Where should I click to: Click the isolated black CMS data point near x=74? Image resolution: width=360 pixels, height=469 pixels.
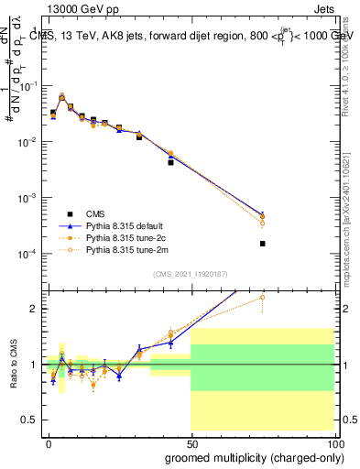[x=263, y=244]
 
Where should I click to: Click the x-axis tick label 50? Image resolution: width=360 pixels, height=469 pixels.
[x=191, y=442]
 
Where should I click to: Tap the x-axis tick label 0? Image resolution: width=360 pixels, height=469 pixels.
[x=49, y=442]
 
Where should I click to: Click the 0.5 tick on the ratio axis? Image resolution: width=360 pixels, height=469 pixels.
[x=31, y=420]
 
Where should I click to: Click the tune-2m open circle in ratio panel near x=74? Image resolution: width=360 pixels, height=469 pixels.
[x=263, y=297]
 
